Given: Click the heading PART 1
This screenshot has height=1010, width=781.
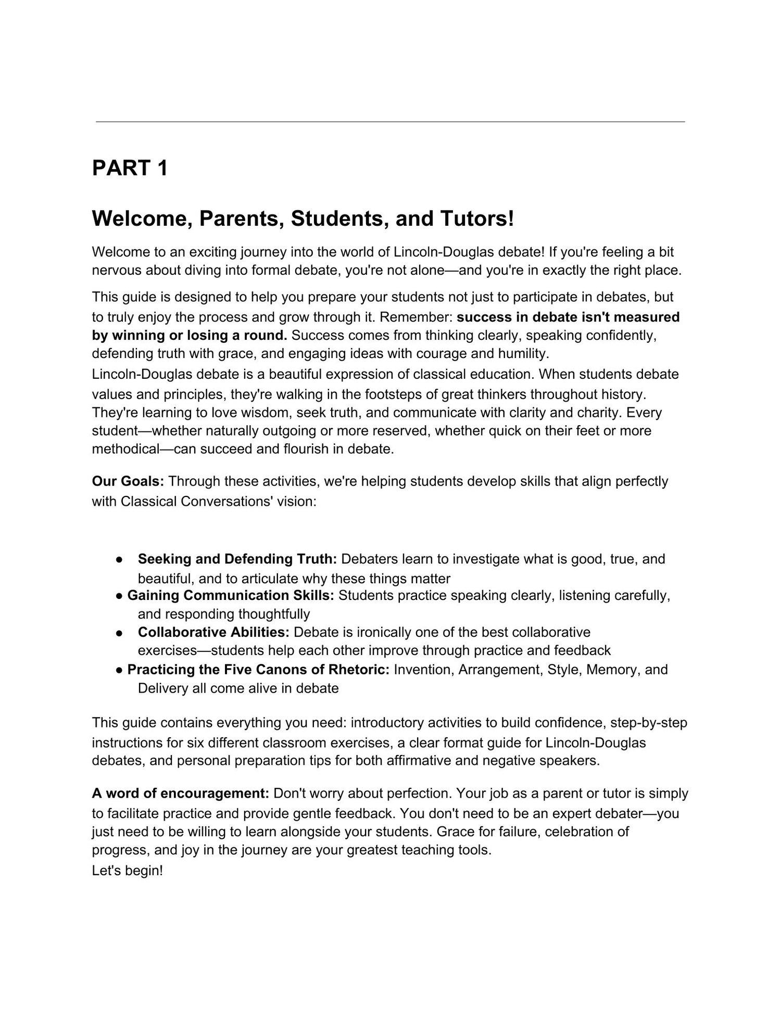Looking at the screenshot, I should pos(130,168).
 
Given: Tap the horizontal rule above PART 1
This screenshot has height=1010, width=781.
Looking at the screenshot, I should pos(390,122).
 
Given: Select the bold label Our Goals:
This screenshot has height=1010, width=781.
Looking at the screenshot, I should pos(128,481).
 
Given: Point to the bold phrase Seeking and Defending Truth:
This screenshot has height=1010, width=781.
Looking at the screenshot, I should pos(237,559).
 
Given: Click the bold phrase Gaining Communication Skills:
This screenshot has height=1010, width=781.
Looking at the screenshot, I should pos(231,595).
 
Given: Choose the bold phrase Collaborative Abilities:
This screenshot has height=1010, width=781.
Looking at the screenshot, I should pos(213,632).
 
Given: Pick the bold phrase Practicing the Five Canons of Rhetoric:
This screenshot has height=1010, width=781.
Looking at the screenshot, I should pos(258,669).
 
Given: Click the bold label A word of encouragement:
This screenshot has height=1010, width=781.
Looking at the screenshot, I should pos(180,794).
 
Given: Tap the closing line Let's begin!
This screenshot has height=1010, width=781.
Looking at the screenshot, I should pos(128,871).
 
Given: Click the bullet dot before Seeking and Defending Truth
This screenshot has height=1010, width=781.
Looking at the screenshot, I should pos(119,560).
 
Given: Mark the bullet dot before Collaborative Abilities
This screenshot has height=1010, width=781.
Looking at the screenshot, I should pos(119,633).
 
